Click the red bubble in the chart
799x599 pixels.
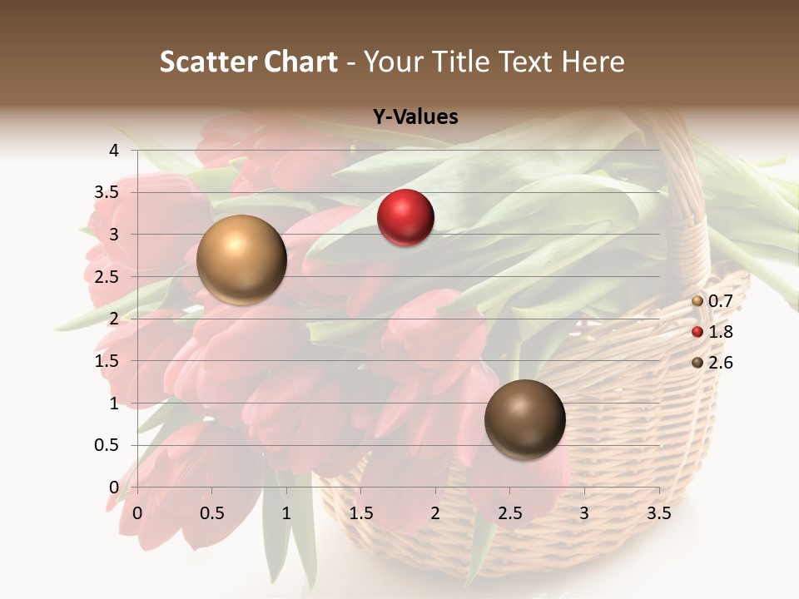405,218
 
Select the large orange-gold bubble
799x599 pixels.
241,260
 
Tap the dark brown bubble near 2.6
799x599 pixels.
525,419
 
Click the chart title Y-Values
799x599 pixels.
415,117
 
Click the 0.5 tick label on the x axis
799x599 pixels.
212,513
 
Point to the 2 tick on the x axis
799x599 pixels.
435,513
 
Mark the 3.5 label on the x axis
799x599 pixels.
659,513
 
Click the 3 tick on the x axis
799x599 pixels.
584,513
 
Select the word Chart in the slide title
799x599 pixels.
301,62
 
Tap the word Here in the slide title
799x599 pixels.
593,62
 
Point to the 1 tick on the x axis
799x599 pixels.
286,513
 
